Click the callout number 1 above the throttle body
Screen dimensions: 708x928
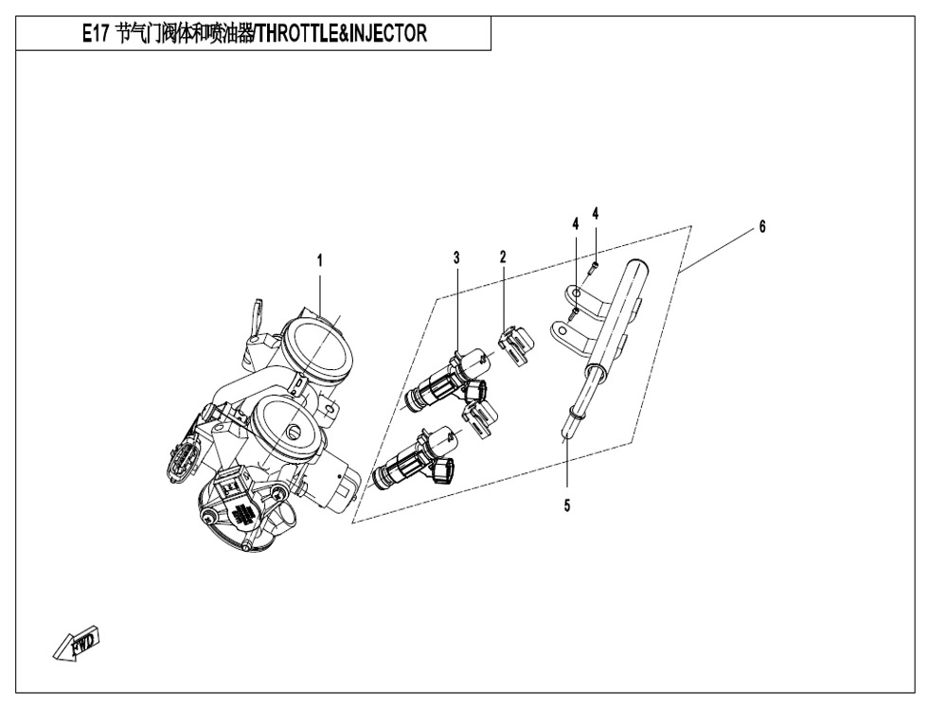(x=320, y=257)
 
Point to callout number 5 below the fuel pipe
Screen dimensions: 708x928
(x=566, y=506)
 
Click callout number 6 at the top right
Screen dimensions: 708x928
(x=761, y=226)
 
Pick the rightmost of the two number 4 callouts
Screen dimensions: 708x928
(x=596, y=214)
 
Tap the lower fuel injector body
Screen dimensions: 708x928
(x=407, y=463)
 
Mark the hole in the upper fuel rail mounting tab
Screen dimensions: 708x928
(x=574, y=293)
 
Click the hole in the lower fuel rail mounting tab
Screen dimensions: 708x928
(x=562, y=333)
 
